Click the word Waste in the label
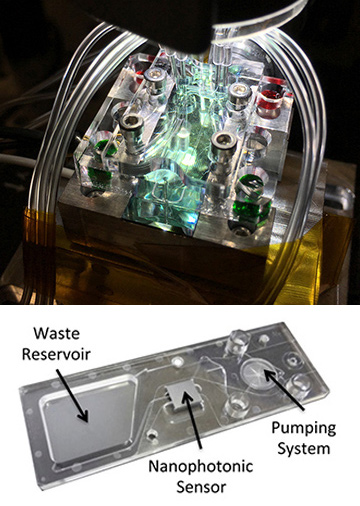click(57, 333)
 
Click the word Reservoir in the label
click(56, 354)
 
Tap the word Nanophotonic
click(201, 466)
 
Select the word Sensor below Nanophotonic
click(201, 487)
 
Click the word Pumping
click(304, 428)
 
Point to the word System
click(304, 448)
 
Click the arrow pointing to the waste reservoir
click(72, 396)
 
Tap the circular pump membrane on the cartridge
click(257, 374)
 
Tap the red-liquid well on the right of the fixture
click(271, 103)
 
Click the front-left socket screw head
click(131, 122)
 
